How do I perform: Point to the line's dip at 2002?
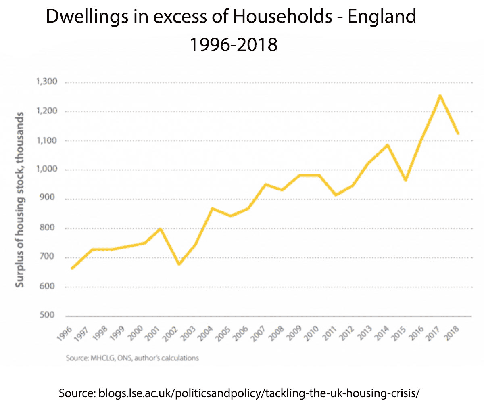(x=179, y=264)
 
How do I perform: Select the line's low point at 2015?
(x=405, y=180)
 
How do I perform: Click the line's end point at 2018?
(x=458, y=133)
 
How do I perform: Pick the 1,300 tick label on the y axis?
(x=47, y=82)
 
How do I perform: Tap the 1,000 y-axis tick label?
(x=47, y=170)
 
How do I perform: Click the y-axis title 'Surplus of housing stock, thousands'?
(x=20, y=200)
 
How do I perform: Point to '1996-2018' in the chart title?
(x=234, y=44)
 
